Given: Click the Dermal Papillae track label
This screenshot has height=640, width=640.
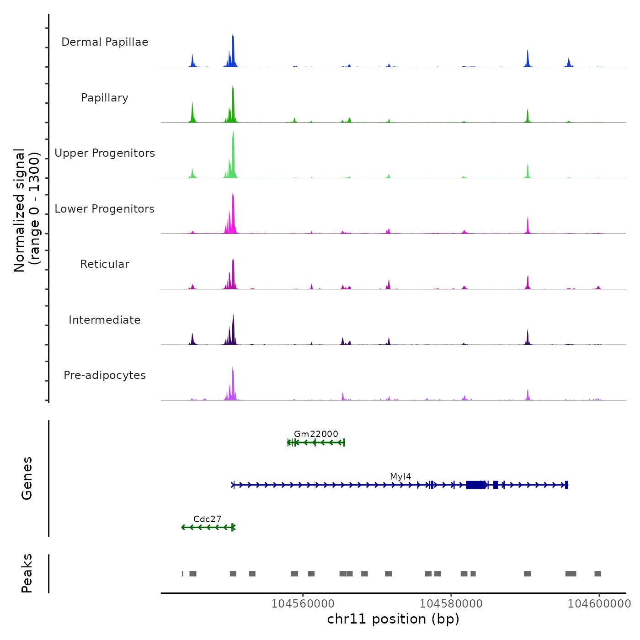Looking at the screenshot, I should click(x=105, y=42).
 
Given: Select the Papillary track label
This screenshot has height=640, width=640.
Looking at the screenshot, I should click(x=105, y=98).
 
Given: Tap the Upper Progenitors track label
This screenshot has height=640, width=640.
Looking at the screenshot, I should click(x=105, y=153).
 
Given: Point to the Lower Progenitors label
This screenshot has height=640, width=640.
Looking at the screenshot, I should click(x=105, y=209).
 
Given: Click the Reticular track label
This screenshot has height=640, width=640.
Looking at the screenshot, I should click(x=105, y=264).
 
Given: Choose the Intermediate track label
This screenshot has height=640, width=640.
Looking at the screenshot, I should click(x=105, y=320).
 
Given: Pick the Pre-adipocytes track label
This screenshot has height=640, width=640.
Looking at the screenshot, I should click(x=105, y=375).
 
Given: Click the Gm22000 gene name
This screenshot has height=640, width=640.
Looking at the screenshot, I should click(x=316, y=434).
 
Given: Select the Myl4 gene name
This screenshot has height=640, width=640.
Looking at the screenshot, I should click(x=400, y=476).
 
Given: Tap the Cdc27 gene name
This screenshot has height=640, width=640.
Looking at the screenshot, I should click(x=207, y=519).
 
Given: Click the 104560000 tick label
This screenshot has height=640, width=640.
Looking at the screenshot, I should click(x=303, y=603).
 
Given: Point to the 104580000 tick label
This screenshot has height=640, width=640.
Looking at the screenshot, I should click(x=451, y=603).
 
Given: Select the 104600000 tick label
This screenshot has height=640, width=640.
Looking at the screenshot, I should click(x=599, y=603).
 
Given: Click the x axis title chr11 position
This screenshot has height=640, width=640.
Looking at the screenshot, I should click(x=393, y=619).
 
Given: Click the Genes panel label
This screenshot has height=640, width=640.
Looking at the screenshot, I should click(x=27, y=478).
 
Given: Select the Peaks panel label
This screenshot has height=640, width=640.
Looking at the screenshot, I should click(x=27, y=573).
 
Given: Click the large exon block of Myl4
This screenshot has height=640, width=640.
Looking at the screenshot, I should click(x=475, y=485).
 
